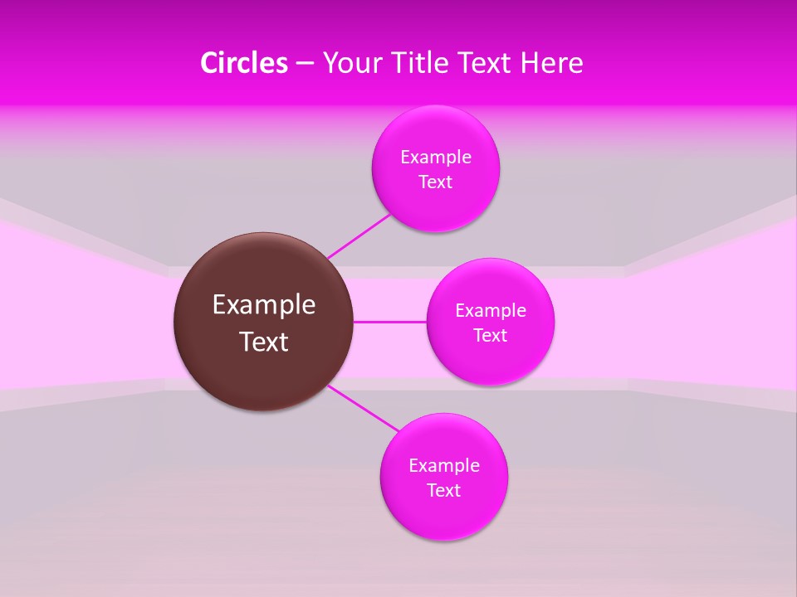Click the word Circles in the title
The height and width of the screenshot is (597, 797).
243,63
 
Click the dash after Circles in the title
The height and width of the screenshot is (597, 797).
305,64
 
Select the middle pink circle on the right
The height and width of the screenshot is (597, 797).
490,361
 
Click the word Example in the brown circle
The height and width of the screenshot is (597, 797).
264,305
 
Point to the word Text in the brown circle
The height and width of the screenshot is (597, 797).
264,342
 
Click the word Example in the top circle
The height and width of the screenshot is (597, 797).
436,158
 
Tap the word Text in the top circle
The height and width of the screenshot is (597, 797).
436,182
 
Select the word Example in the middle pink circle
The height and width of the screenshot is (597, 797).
491,311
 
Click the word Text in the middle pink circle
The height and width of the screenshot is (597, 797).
491,336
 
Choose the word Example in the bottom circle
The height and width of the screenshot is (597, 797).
444,466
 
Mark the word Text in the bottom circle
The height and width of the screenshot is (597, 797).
444,491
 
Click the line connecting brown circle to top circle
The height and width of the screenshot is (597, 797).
359,235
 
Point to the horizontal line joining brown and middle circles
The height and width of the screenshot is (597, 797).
389,322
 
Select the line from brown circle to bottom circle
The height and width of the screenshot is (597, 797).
364,408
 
